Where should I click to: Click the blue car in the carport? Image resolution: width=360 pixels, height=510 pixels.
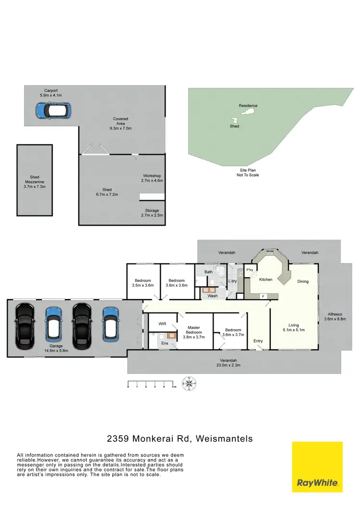point(53,111)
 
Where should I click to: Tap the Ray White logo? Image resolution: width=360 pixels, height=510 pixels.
point(317,467)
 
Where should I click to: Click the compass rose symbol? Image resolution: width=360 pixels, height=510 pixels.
point(190,384)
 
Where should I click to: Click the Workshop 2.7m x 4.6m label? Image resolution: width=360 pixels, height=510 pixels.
point(153,178)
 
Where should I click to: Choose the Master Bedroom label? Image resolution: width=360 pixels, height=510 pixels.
point(194,332)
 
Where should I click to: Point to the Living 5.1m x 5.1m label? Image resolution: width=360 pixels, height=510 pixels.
point(293,328)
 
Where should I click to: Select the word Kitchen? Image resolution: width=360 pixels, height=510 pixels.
point(266,279)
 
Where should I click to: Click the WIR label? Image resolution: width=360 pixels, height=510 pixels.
point(162,324)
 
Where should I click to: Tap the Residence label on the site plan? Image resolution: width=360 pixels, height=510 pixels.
point(248,106)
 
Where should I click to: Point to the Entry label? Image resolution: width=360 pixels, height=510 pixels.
point(258,341)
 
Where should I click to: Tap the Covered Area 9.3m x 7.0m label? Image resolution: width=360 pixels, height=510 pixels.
point(120,124)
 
